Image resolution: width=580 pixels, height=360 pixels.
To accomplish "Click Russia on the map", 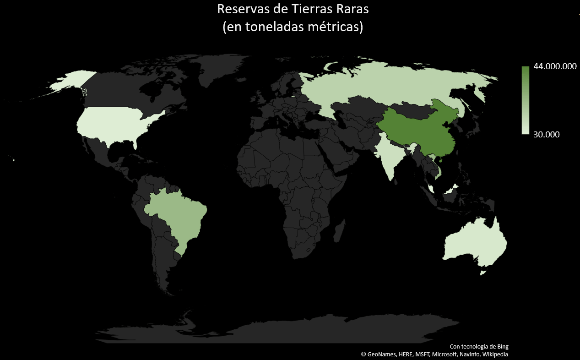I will coord(389,85).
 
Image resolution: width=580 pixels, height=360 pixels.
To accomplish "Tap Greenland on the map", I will coord(224,69).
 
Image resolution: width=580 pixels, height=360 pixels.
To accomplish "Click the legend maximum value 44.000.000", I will coord(555,66).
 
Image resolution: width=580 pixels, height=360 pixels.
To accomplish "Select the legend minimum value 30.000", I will coord(546,135).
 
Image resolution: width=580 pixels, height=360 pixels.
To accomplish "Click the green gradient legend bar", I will coord(525,100).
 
